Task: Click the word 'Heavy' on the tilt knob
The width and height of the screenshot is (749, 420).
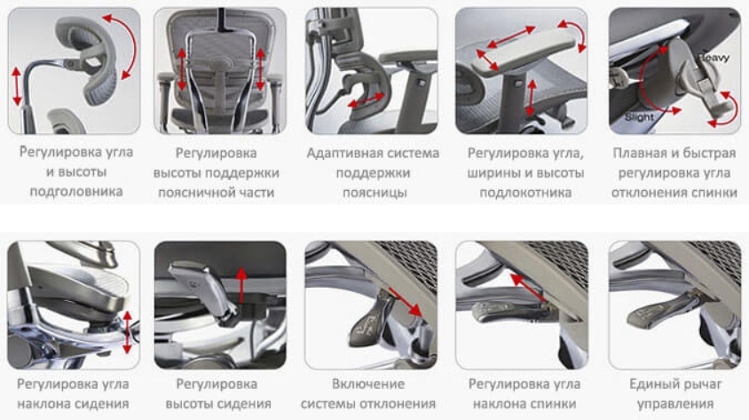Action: point(714,58)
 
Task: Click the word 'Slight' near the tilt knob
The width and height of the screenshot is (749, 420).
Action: point(639,117)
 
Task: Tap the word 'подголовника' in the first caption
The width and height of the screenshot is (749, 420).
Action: point(76,192)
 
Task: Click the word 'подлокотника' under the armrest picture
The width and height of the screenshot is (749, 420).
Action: point(525,193)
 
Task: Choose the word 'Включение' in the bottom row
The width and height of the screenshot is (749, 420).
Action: point(367,384)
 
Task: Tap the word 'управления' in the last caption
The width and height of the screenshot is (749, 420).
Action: point(675,404)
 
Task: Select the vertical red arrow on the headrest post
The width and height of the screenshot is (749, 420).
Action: point(17,86)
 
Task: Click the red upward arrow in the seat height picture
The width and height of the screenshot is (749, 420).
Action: point(241,285)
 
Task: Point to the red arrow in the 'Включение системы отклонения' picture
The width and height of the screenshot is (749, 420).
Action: point(405,302)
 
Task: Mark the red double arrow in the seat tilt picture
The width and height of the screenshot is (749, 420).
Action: point(127,332)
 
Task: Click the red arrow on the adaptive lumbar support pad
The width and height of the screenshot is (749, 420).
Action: point(366,101)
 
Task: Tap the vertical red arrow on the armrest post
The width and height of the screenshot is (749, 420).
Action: point(532,99)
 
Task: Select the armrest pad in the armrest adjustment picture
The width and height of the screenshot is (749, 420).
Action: point(524,51)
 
